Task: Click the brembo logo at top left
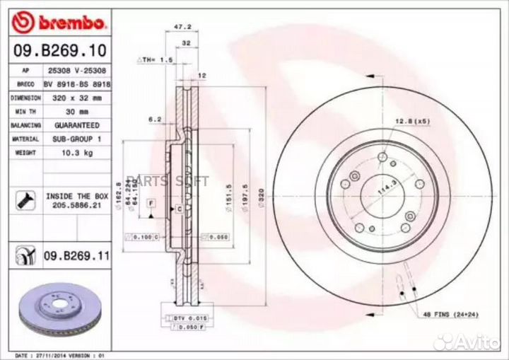click(60, 23)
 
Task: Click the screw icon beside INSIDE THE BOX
click(23, 200)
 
